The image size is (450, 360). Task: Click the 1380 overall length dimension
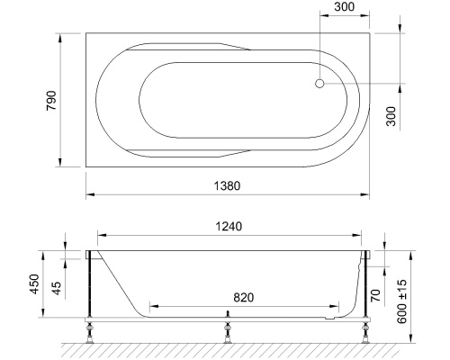228,184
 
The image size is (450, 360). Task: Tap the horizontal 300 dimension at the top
343,8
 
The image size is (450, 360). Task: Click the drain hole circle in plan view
319,84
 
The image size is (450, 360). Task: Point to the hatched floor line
225,348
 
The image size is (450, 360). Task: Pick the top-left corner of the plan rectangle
85,33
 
